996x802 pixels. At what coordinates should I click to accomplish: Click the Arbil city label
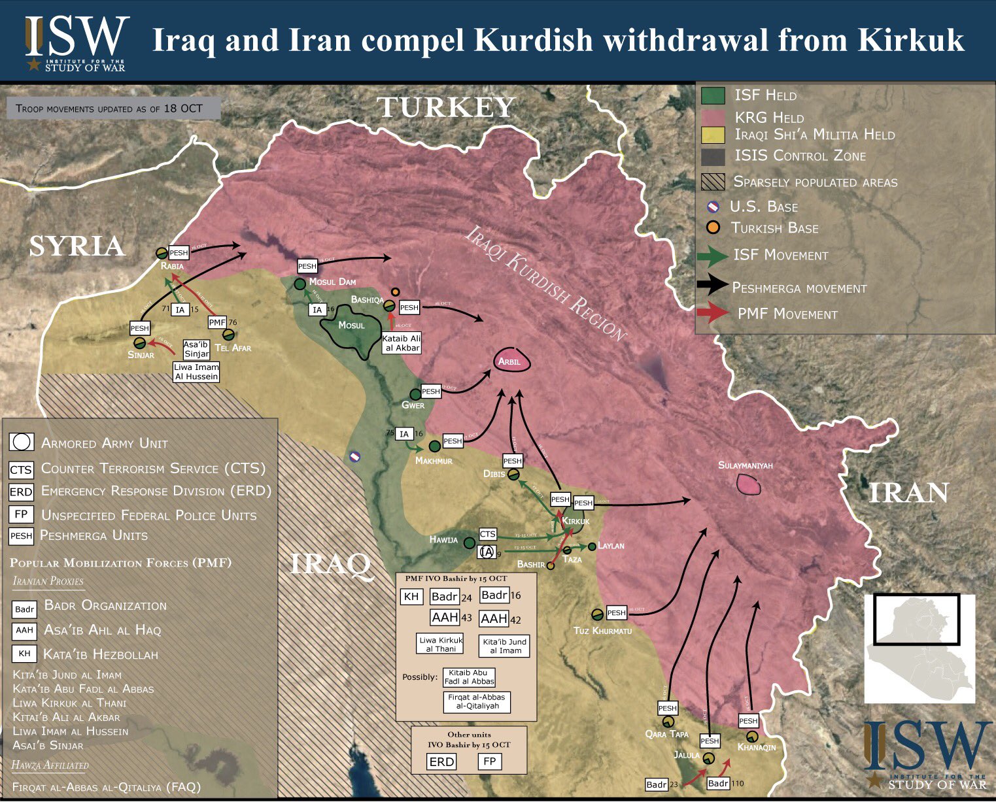pos(509,361)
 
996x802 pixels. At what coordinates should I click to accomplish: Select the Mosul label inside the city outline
pos(351,326)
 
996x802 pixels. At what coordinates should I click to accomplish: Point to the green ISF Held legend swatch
pos(713,95)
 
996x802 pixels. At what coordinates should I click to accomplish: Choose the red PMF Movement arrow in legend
pos(712,313)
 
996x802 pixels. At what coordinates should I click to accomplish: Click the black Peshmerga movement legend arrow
pos(712,284)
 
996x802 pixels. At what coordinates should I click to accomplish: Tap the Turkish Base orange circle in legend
pos(713,227)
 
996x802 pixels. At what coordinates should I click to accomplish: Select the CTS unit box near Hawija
pos(488,534)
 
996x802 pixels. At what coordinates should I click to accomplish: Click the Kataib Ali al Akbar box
pos(402,343)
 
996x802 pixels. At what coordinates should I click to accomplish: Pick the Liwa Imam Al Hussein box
pos(196,372)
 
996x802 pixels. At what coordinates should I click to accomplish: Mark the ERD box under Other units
pos(441,761)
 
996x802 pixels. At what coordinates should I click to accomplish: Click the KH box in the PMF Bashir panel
pos(411,596)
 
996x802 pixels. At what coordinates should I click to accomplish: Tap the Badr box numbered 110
pos(718,783)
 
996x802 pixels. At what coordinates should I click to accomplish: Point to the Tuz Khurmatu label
pos(602,631)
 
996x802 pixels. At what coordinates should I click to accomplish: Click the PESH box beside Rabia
pos(179,253)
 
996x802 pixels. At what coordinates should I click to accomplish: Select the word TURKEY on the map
pos(447,107)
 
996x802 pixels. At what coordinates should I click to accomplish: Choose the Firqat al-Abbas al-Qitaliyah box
pos(477,701)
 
